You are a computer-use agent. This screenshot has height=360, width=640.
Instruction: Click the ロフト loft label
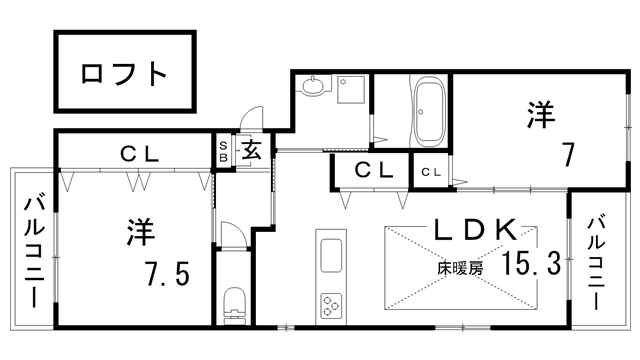tap(123, 73)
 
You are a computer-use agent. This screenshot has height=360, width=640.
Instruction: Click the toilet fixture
tap(234, 301)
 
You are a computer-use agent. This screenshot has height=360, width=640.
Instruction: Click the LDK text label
tap(474, 228)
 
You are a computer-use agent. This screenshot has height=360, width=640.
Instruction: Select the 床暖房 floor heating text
tap(459, 268)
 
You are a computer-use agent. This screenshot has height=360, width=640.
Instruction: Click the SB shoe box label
tap(224, 152)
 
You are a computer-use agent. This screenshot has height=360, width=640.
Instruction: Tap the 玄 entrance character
tap(250, 152)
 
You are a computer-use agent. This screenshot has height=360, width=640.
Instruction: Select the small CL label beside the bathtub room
tap(432, 172)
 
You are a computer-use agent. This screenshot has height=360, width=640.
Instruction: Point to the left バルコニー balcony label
tap(32, 249)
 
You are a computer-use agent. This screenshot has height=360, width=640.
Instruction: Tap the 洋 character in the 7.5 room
tap(139, 232)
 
